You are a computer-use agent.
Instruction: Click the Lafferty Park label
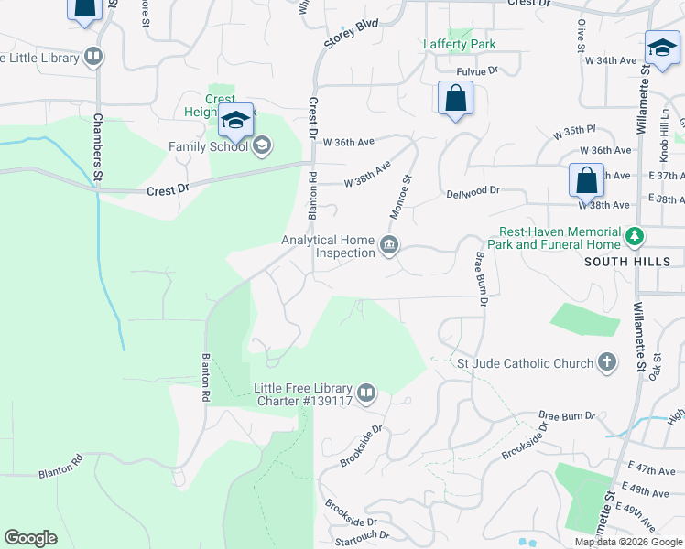[x=459, y=44]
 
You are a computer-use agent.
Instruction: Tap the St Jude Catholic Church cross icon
[x=606, y=363]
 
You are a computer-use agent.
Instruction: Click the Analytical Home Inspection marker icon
[x=389, y=245]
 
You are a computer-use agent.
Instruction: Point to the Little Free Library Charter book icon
[x=366, y=393]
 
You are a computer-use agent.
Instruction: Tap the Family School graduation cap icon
[x=261, y=145]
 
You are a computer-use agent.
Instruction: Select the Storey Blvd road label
[x=351, y=36]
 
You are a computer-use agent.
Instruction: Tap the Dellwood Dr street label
[x=473, y=191]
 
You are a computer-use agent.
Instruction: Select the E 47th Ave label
[x=653, y=469]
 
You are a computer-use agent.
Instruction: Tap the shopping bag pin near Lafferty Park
[x=455, y=97]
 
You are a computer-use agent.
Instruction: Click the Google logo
[x=30, y=538]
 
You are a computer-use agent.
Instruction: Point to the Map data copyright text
[x=629, y=542]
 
